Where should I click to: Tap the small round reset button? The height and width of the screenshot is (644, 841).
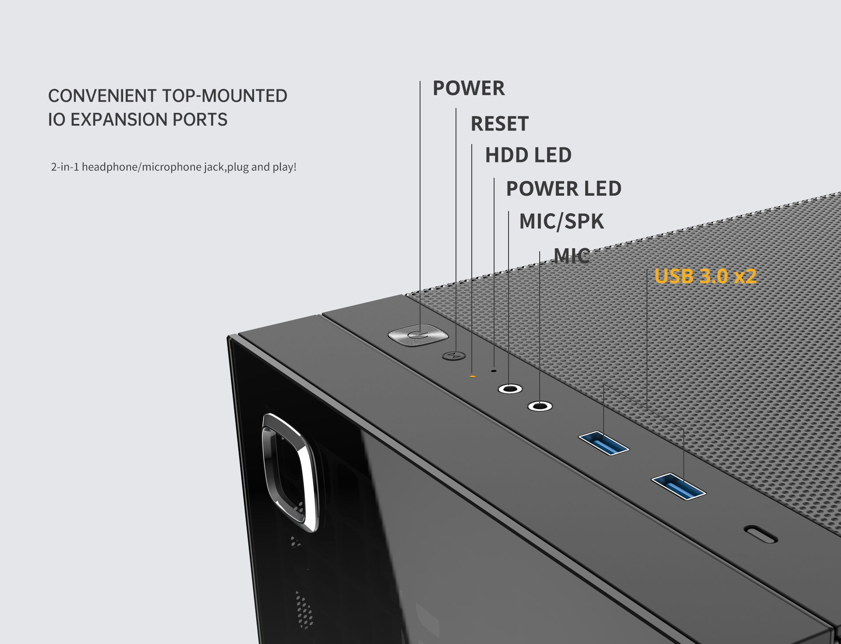pyautogui.click(x=454, y=355)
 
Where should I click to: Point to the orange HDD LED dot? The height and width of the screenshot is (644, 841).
pyautogui.click(x=472, y=376)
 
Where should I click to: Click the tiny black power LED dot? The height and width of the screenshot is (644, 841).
pyautogui.click(x=494, y=370)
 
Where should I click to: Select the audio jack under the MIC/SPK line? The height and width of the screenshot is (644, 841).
pyautogui.click(x=510, y=389)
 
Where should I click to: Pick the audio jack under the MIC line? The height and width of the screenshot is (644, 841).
pyautogui.click(x=540, y=406)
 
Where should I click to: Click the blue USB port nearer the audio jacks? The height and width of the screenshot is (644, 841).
pyautogui.click(x=604, y=443)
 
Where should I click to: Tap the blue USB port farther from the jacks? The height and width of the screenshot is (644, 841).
pyautogui.click(x=678, y=486)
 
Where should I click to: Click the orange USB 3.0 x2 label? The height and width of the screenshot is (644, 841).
pyautogui.click(x=705, y=277)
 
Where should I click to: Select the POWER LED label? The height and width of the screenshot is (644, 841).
pyautogui.click(x=564, y=189)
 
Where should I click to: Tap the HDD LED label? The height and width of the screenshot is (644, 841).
pyautogui.click(x=528, y=155)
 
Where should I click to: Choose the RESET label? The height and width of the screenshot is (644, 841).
pyautogui.click(x=499, y=124)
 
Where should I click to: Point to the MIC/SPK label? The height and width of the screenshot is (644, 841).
pyautogui.click(x=562, y=222)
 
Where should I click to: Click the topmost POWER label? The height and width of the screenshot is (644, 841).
pyautogui.click(x=469, y=88)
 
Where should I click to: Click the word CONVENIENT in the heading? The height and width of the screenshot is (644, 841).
pyautogui.click(x=102, y=96)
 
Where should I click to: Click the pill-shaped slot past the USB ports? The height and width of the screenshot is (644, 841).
pyautogui.click(x=761, y=534)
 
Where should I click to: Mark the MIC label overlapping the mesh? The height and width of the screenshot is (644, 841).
pyautogui.click(x=572, y=256)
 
